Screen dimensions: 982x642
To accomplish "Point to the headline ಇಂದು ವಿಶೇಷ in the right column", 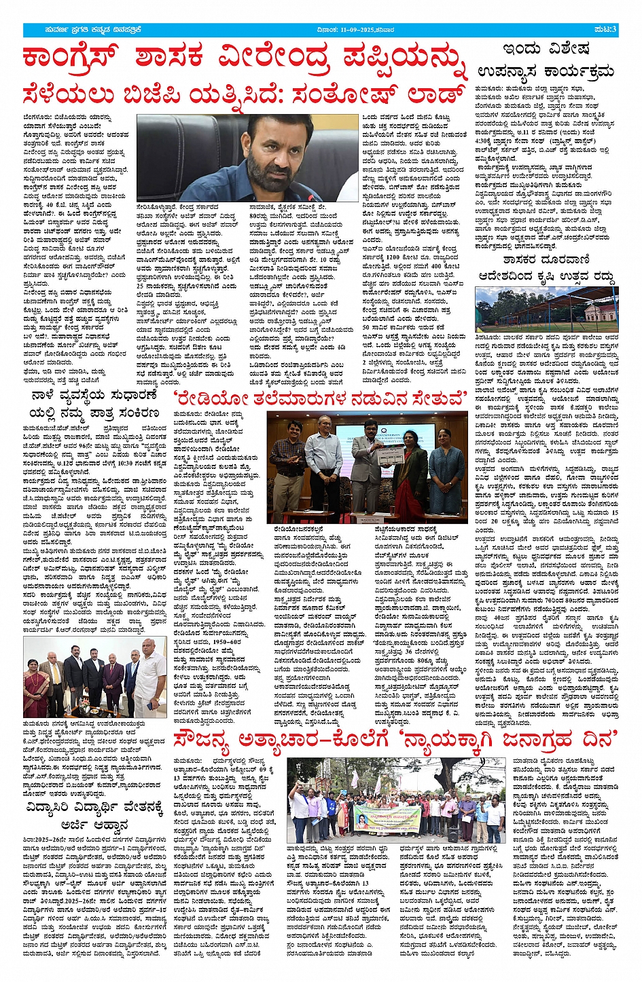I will tap(546, 49).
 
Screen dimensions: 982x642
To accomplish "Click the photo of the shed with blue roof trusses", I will tap(556, 310).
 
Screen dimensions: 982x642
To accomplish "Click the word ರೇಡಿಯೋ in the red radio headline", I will tap(211, 400).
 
